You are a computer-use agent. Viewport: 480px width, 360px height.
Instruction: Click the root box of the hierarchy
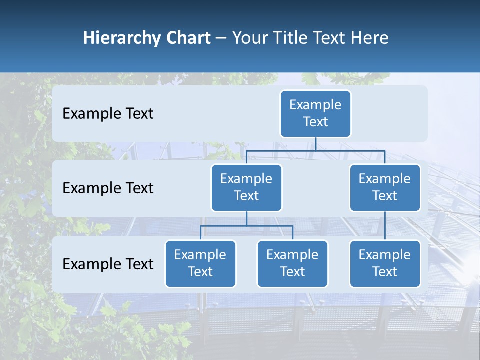click(x=315, y=113)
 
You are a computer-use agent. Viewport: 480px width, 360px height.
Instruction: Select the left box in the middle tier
click(x=246, y=187)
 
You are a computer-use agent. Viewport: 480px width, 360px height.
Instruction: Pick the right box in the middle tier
click(x=385, y=187)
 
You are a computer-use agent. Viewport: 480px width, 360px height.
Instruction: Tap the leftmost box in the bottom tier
click(x=200, y=263)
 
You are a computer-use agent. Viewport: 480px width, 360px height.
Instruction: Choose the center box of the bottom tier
click(x=292, y=263)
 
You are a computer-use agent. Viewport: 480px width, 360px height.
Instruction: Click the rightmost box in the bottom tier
click(x=385, y=263)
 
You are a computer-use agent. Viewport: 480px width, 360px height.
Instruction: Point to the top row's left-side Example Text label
click(x=108, y=114)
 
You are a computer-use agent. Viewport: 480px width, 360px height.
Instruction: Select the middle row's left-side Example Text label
click(x=108, y=188)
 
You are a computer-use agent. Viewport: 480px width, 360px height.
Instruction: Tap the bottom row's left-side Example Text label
click(x=108, y=264)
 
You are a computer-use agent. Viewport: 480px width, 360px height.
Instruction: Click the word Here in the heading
click(x=370, y=38)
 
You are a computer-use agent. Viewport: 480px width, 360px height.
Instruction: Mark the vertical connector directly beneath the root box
click(x=315, y=144)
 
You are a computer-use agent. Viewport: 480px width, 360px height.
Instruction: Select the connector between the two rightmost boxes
click(x=385, y=225)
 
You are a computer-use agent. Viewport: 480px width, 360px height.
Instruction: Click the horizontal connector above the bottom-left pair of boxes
click(x=246, y=226)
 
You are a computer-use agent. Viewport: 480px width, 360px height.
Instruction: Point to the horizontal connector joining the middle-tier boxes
click(x=315, y=150)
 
